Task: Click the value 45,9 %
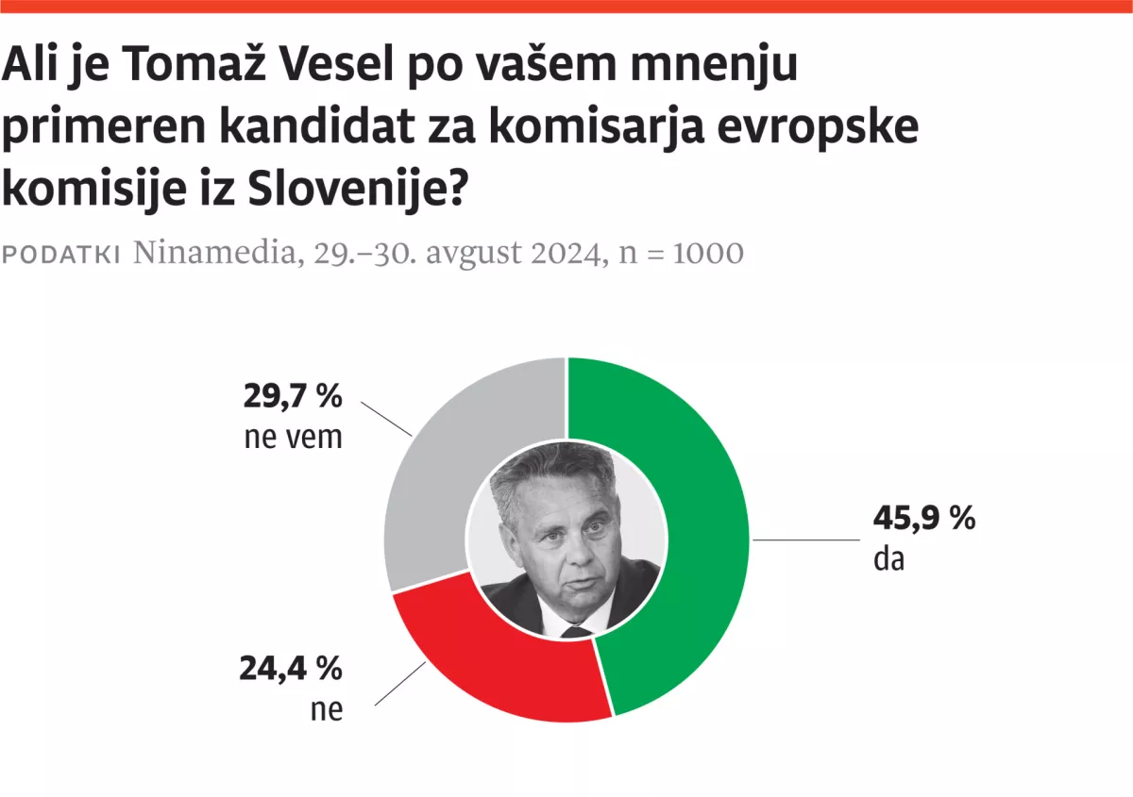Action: (923, 519)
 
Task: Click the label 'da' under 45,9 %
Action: (888, 559)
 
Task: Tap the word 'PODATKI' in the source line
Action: (62, 255)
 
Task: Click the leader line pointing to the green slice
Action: (803, 540)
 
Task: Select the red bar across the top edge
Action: (566, 7)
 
